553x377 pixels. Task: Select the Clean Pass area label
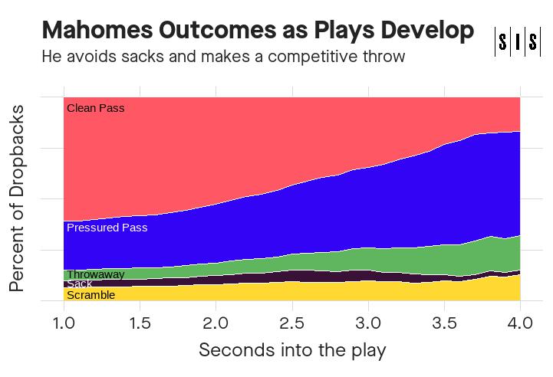coord(95,108)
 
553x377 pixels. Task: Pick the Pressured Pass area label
coord(107,228)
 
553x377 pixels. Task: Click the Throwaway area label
coord(95,274)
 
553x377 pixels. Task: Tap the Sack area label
coord(79,284)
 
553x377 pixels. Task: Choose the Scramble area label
coord(91,295)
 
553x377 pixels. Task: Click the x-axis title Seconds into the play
coord(291,351)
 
